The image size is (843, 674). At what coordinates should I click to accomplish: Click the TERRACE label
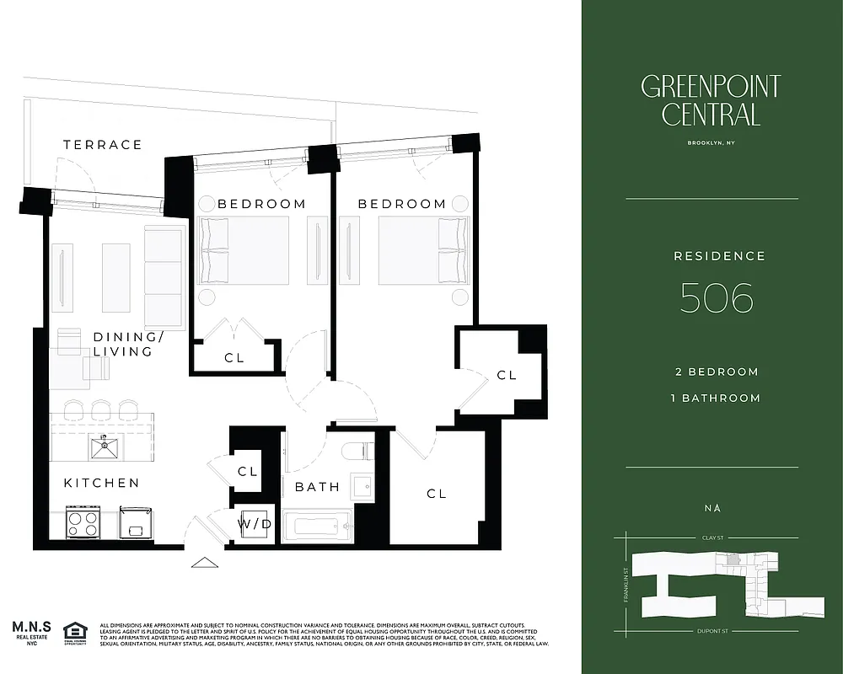[x=103, y=145]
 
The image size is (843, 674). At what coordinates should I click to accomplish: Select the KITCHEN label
[x=102, y=483]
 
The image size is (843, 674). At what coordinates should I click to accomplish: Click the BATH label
[x=317, y=487]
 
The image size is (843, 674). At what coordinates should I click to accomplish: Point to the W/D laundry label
[x=254, y=524]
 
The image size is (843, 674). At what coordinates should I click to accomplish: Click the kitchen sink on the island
[x=105, y=447]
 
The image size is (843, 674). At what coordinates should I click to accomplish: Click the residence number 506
[x=717, y=297]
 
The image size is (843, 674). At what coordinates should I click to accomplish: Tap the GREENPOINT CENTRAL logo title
[x=711, y=99]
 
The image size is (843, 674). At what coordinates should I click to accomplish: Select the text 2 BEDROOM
[x=717, y=372]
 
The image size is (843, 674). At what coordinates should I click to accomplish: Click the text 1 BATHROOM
[x=717, y=398]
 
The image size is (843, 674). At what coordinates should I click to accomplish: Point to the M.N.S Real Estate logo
[x=31, y=631]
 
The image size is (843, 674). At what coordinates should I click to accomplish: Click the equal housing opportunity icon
[x=76, y=630]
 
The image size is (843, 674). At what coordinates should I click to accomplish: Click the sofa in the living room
[x=164, y=276]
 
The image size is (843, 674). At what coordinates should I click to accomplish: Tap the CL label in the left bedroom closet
[x=234, y=358]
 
